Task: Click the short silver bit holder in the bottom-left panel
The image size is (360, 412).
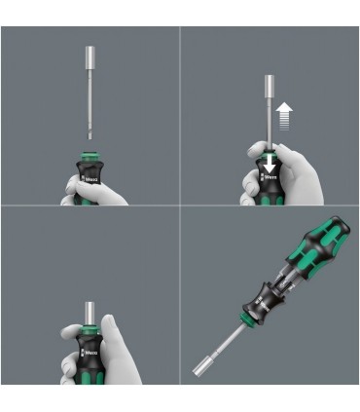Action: pyautogui.click(x=90, y=310)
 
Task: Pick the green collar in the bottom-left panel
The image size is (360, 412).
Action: pyautogui.click(x=90, y=325)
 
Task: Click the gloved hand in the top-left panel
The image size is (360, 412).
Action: pyautogui.click(x=73, y=190)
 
